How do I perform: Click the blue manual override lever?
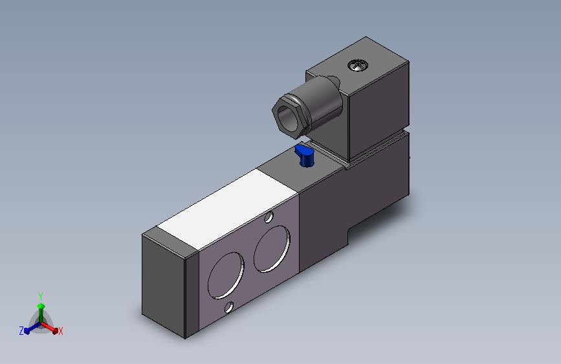click(x=305, y=156)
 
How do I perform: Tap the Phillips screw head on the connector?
click(x=358, y=65)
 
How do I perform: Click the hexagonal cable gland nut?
click(x=291, y=117)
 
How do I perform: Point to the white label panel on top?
click(x=228, y=209)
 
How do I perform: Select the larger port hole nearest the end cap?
click(x=226, y=275)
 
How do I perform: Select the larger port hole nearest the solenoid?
click(x=272, y=248)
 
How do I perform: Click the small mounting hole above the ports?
click(x=269, y=217)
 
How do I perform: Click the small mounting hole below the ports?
click(x=229, y=308)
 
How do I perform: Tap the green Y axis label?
click(x=41, y=297)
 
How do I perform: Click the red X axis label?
click(x=60, y=331)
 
